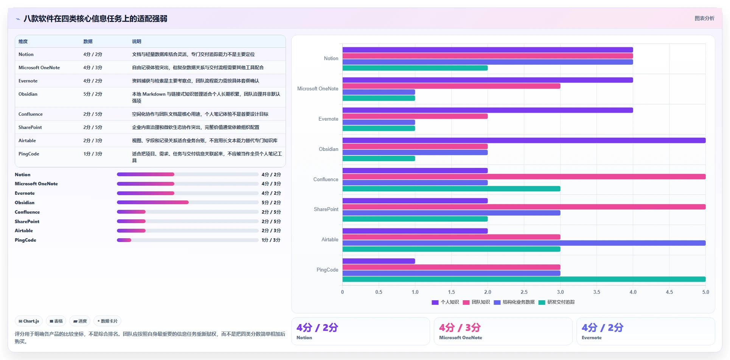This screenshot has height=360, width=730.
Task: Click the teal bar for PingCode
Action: [x=524, y=279]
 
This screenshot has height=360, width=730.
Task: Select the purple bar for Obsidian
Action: [x=524, y=141]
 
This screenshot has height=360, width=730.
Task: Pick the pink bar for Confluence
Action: [x=524, y=177]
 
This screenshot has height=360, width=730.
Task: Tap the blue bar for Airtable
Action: [x=524, y=243]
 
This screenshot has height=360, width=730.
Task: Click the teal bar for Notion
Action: [x=415, y=68]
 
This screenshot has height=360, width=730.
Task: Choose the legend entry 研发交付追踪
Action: [x=556, y=302]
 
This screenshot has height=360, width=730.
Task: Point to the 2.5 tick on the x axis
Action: [x=524, y=292]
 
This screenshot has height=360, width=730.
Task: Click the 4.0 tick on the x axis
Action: [x=633, y=292]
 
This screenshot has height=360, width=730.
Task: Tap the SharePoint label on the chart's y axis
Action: [x=326, y=209]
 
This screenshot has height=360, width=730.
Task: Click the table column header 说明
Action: [x=137, y=42]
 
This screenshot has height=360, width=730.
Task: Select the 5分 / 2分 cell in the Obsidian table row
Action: [x=93, y=94]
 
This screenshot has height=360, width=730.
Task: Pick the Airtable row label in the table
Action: [x=27, y=141]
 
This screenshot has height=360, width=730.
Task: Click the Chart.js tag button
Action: [x=29, y=321]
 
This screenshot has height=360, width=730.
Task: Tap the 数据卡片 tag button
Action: [x=107, y=321]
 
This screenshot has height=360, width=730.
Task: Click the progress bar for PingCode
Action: [x=188, y=240]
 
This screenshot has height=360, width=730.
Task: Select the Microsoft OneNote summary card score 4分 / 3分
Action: [x=460, y=327]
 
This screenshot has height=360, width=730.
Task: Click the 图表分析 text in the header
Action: [x=704, y=18]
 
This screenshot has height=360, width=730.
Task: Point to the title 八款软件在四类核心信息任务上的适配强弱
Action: [x=95, y=19]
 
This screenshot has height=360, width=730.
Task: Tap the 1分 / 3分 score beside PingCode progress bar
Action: [x=271, y=240]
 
